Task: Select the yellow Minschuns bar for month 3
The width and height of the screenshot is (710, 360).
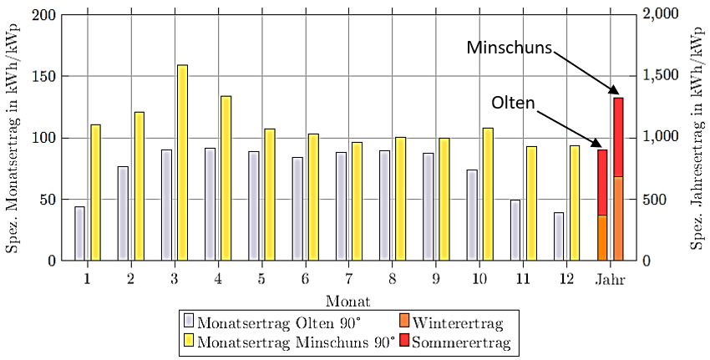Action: pos(182,162)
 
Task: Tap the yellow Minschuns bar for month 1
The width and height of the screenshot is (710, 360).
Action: pos(95,192)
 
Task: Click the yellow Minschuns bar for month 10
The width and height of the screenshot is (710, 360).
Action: pos(488,194)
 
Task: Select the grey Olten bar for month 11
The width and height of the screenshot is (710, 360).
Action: pos(515,230)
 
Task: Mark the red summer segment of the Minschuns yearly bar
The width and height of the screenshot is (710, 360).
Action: pos(618,137)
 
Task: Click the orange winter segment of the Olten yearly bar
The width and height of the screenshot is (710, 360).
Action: pos(601,237)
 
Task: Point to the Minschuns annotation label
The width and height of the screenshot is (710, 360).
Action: pos(509,48)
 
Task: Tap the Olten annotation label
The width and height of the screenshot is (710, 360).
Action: pos(513,103)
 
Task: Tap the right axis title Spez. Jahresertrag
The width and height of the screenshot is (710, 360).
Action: pos(697,138)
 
